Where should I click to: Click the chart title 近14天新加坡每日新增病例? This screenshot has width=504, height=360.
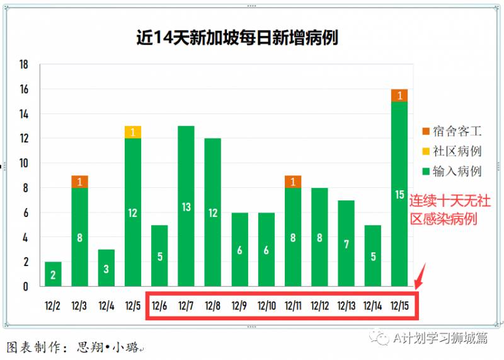237,38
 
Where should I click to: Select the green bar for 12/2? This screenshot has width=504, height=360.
53,274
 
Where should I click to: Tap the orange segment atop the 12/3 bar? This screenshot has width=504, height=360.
79,182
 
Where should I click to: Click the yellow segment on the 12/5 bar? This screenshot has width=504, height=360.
133,132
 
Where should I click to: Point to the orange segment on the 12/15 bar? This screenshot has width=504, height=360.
399,95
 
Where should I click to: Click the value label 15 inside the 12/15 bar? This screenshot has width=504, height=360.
399,195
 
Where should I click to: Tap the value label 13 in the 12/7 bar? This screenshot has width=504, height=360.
186,207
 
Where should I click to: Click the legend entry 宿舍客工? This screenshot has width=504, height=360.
452,131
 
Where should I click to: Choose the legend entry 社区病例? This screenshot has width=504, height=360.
452,151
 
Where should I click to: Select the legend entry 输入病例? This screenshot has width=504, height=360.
452,171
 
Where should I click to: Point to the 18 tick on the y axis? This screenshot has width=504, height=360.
24,65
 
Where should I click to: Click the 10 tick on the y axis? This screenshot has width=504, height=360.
24,163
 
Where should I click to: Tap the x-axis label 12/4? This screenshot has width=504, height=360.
106,306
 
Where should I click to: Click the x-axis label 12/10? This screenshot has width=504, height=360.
266,306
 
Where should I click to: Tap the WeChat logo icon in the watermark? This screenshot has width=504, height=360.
381,339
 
